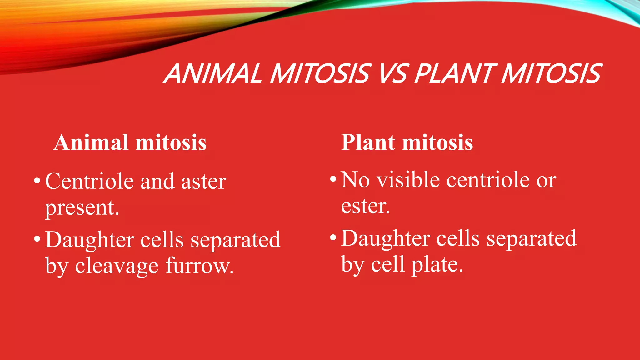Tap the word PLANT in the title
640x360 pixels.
coord(455,74)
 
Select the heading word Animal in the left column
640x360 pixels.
coord(91,143)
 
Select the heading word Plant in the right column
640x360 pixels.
coord(368,143)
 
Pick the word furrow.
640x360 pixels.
coord(199,267)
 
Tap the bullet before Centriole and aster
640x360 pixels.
coord(37,181)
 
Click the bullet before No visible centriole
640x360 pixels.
coord(333,179)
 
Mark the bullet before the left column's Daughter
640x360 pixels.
coord(37,239)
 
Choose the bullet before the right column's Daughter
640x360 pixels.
coord(333,238)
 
